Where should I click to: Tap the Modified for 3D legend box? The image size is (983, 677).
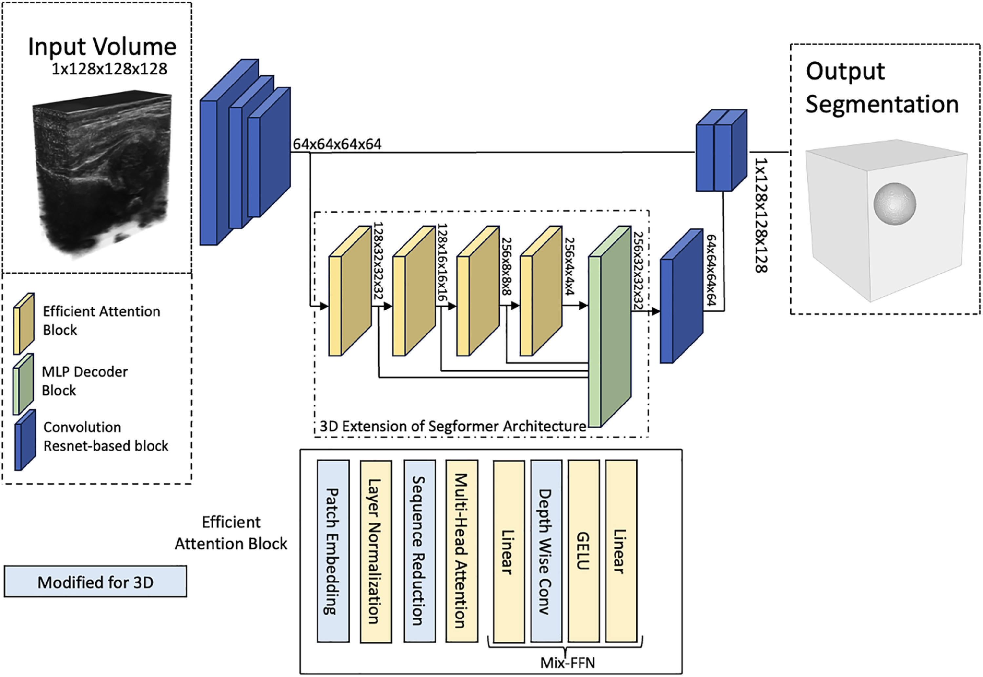[95, 582]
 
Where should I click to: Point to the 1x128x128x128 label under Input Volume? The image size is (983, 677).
[109, 69]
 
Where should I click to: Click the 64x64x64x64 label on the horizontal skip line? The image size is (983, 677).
[337, 144]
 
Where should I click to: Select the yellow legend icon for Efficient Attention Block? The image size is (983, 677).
[24, 324]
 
